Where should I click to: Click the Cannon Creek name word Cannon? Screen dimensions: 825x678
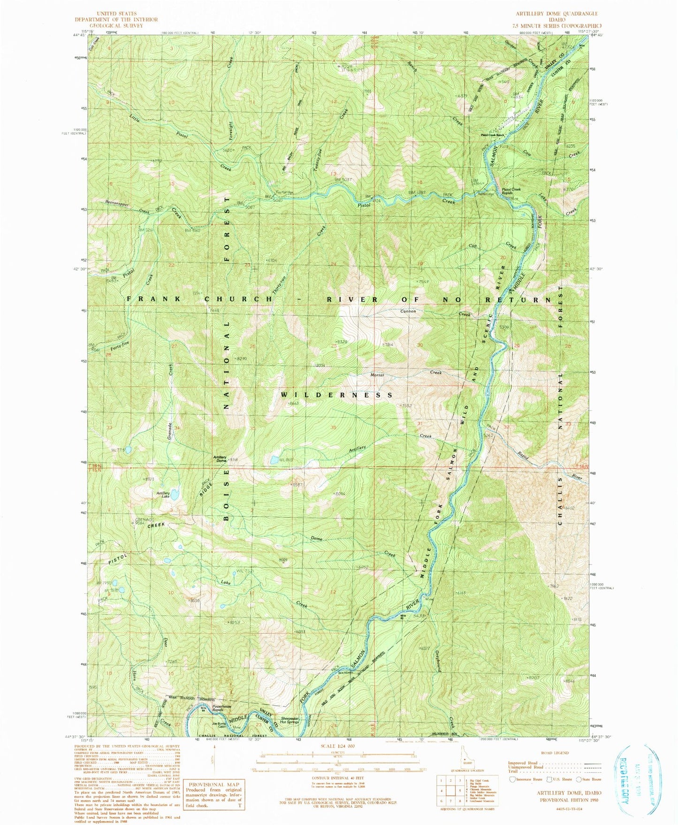(408, 311)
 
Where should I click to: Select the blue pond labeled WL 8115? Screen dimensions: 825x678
(274, 460)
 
